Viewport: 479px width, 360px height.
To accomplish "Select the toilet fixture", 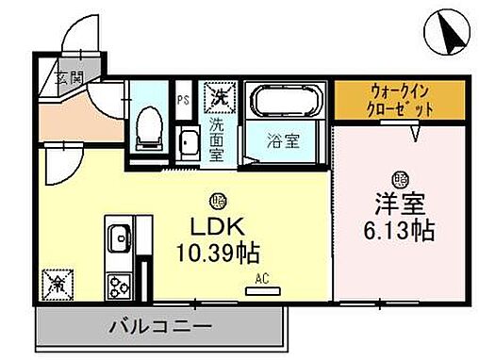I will click(x=148, y=128).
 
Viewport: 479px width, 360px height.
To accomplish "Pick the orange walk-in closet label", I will click(x=402, y=100).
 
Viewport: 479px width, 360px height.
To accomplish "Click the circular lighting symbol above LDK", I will click(x=219, y=201).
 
